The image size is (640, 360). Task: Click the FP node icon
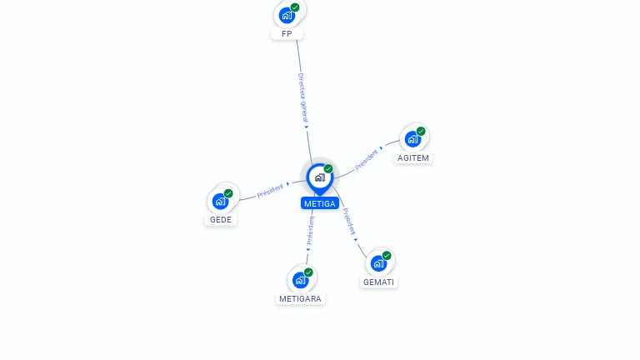[x=287, y=15]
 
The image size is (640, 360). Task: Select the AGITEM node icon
[x=412, y=138]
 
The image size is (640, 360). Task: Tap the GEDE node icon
[x=221, y=200]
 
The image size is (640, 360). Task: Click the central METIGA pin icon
[x=319, y=177]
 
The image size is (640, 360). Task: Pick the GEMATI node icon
[x=378, y=263]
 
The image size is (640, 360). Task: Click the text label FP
[x=287, y=34]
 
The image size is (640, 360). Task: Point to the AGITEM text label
[x=413, y=157]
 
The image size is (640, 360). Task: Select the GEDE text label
[x=221, y=220]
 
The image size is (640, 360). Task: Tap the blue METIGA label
[x=320, y=203]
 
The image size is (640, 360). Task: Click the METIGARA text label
[x=301, y=298]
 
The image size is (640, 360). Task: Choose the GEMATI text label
[x=379, y=282]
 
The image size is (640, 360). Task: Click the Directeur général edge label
[x=303, y=98]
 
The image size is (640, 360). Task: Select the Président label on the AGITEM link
[x=367, y=159]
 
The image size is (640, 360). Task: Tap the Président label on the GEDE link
[x=271, y=190]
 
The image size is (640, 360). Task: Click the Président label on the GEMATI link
[x=350, y=222]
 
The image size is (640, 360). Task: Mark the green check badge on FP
[x=295, y=7]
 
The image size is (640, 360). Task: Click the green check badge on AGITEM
[x=421, y=131]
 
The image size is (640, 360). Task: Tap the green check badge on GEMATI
[x=387, y=256]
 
